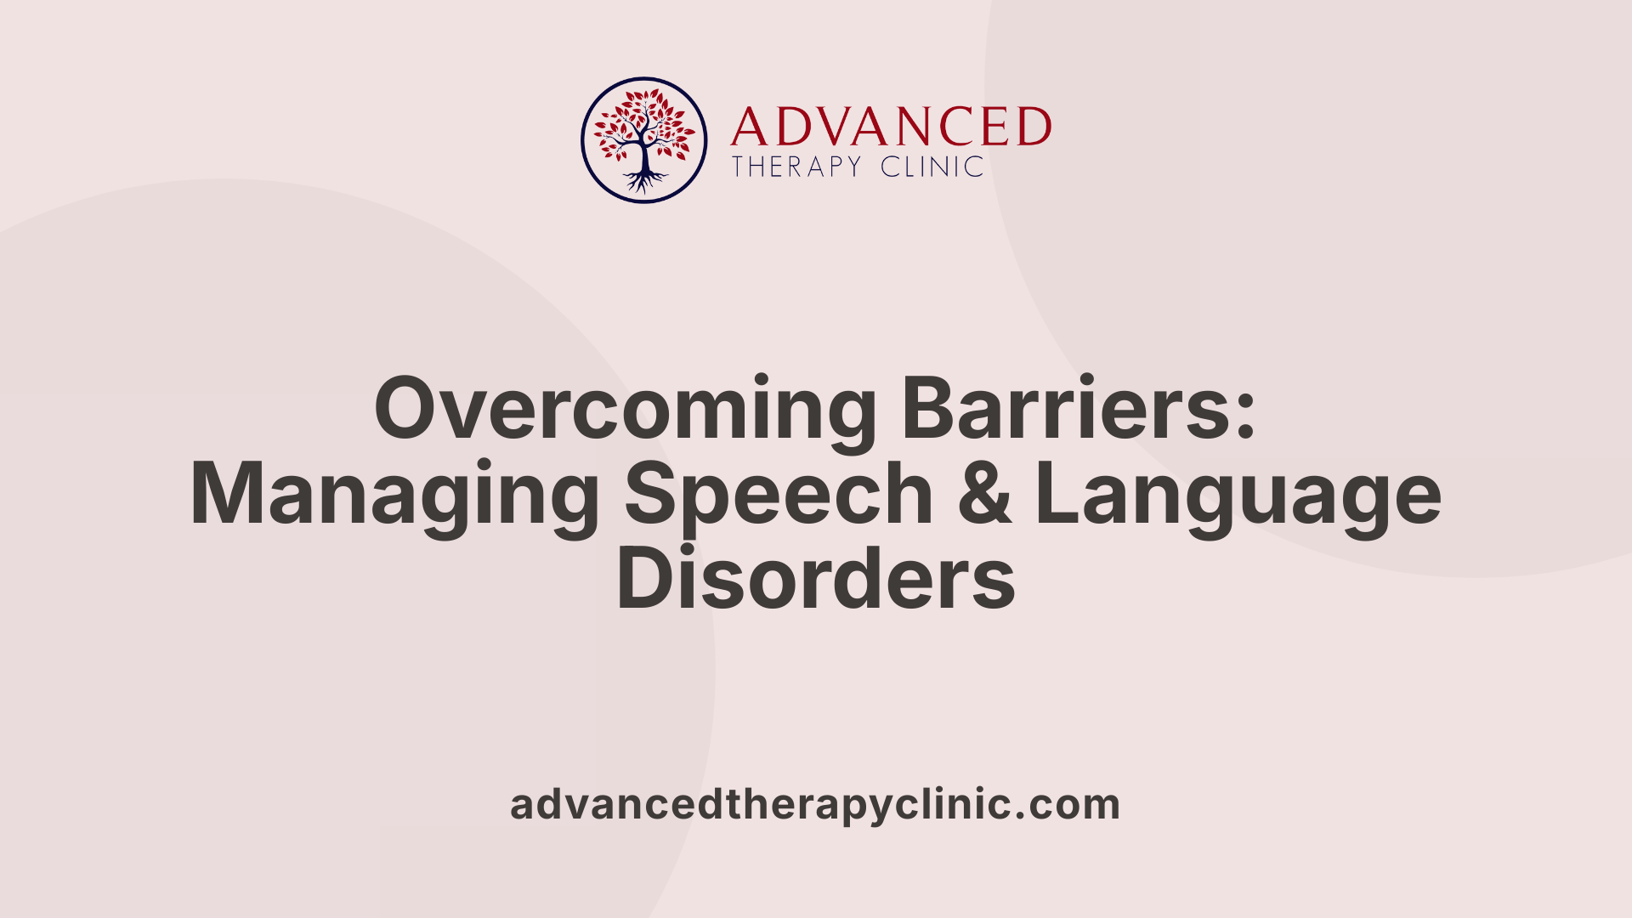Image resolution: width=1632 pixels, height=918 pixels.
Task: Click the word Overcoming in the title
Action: coord(625,410)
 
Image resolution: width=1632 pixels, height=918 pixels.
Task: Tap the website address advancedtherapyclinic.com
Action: coord(815,804)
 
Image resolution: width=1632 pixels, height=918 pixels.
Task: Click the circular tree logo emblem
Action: coord(644,140)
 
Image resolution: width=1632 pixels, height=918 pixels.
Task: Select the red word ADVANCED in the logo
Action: coord(891,127)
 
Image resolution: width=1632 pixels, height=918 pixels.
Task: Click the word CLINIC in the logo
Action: coord(932,167)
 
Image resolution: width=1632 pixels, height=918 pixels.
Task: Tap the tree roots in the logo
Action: coord(644,180)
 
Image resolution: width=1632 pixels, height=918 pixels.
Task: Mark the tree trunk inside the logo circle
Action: coord(644,155)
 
